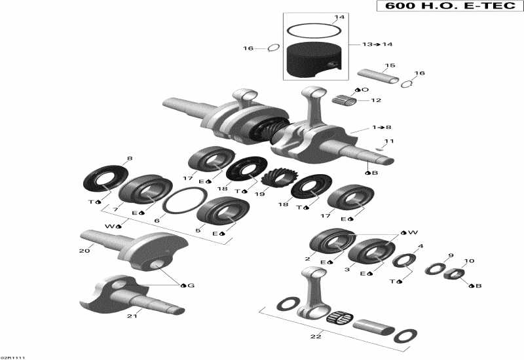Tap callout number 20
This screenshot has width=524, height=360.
coord(84,251)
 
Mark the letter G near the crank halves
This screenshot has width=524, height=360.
coord(191,285)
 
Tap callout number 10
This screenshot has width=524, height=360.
coord(468,261)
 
